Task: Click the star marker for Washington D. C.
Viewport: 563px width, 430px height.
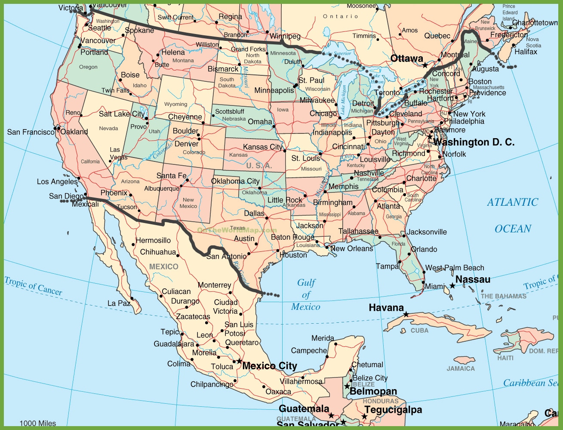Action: coord(430,136)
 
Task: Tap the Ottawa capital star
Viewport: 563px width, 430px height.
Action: coord(425,65)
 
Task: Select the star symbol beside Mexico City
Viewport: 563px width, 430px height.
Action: coord(239,361)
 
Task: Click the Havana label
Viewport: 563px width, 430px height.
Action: coord(386,308)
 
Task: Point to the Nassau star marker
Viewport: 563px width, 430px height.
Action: coord(452,285)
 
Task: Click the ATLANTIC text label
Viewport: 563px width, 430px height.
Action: coord(512,202)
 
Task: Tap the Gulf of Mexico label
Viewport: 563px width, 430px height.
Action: coord(306,295)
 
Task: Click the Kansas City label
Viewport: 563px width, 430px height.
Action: coord(263,147)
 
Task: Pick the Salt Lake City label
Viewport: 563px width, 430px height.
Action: coord(122,114)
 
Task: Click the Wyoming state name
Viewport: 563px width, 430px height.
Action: coord(175,104)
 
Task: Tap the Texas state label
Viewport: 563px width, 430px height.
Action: coord(237,228)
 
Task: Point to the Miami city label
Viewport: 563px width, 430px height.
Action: coord(435,287)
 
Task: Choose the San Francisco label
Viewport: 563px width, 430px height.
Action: coord(31,132)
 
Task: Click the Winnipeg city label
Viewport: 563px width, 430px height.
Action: coord(285,36)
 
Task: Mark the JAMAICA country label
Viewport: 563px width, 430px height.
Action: coord(461,369)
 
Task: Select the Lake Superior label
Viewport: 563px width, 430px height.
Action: coord(337,54)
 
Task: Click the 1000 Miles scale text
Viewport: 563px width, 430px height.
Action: coord(38,424)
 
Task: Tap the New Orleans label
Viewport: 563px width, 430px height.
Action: coord(351,249)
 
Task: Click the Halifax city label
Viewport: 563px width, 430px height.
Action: coord(526,52)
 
